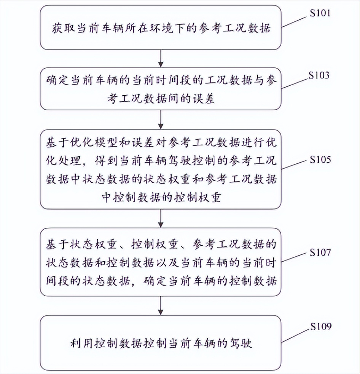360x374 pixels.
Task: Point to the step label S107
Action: pyautogui.click(x=320, y=252)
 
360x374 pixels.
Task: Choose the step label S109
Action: pyautogui.click(x=320, y=326)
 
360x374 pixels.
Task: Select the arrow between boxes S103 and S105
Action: pyautogui.click(x=161, y=120)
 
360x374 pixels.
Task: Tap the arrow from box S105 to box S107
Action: pyautogui.click(x=161, y=218)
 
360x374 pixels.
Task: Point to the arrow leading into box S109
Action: pyautogui.click(x=161, y=305)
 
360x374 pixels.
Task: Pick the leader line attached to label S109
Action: pyautogui.click(x=295, y=334)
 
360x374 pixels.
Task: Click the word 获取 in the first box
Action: pyautogui.click(x=62, y=29)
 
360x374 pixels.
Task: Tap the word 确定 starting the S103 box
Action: pyautogui.click(x=56, y=81)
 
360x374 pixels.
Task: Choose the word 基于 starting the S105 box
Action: pyautogui.click(x=56, y=143)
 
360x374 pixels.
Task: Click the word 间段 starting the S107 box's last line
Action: pyautogui.click(x=56, y=282)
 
